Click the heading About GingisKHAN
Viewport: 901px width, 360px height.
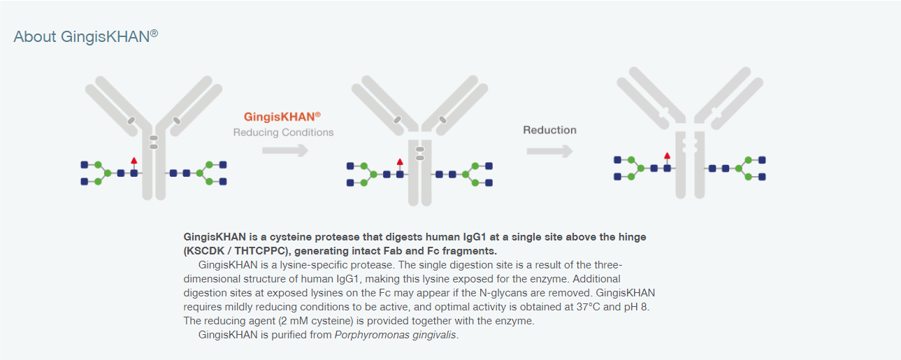[x=86, y=36]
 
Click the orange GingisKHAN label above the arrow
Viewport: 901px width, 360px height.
[x=282, y=117]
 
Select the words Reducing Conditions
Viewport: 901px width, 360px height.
[x=283, y=132]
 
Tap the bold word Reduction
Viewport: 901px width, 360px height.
[x=549, y=130]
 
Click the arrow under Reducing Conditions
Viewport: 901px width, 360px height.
[x=285, y=151]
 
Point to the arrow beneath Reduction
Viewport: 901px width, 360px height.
[x=549, y=151]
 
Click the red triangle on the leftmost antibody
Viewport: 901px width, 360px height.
[x=134, y=161]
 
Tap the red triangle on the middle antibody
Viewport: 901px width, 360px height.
[x=400, y=161]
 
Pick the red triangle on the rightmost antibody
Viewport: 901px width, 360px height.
[x=667, y=155]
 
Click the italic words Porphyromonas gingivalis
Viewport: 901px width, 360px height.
[x=396, y=335]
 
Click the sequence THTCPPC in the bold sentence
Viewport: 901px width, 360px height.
[x=260, y=251]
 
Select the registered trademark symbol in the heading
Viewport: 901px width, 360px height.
[x=154, y=33]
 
